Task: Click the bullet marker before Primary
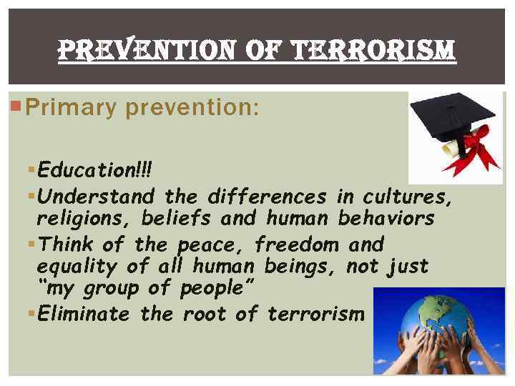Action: pos(16,107)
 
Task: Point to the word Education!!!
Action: pos(95,171)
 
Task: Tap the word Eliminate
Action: pos(84,313)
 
